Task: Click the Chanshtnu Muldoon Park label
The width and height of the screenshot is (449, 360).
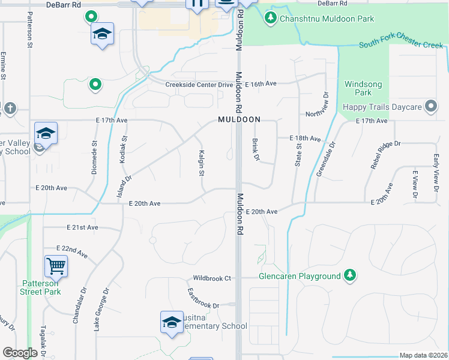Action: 326,19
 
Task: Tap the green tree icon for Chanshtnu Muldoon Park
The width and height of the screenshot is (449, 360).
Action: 271,19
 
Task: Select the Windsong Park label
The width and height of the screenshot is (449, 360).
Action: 358,88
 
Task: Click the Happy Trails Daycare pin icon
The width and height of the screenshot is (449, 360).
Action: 430,107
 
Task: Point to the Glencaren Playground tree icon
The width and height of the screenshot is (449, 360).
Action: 350,276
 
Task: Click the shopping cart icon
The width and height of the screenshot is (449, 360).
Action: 56,265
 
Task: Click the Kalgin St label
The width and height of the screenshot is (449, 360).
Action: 202,163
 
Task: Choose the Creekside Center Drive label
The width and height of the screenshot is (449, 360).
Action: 199,85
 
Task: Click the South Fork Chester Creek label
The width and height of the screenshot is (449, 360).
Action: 401,46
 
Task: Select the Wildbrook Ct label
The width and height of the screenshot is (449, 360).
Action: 211,278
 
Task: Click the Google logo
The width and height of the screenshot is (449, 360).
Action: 20,353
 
